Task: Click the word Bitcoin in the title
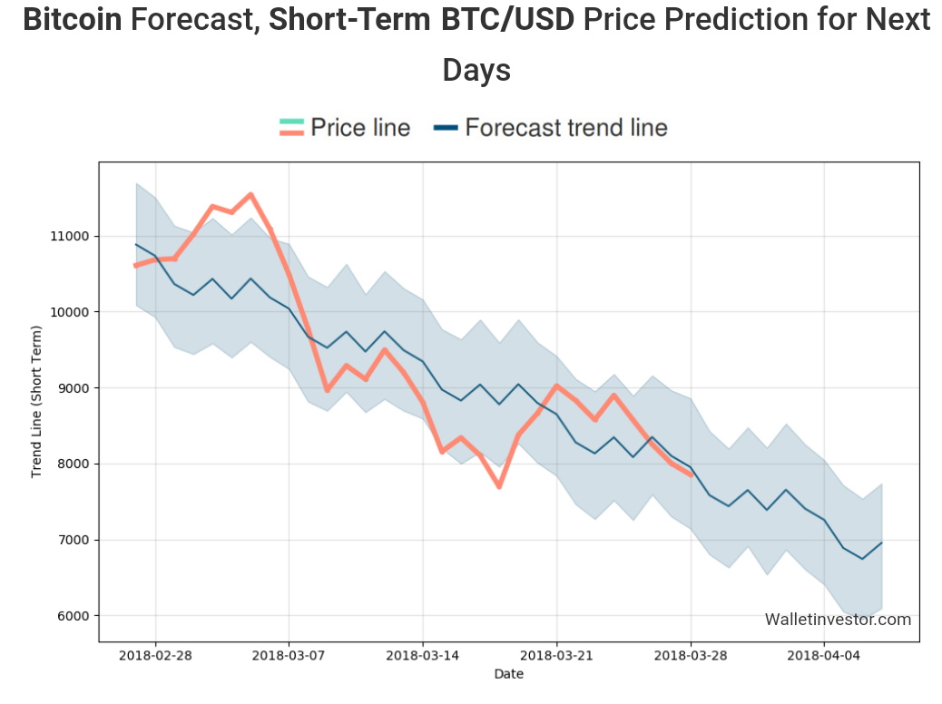tap(72, 19)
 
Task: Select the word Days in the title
tap(476, 70)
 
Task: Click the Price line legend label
tap(360, 128)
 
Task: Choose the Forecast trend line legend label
tap(566, 128)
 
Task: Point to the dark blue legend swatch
tap(445, 128)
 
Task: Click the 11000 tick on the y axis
tap(69, 236)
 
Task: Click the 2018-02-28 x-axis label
tap(155, 655)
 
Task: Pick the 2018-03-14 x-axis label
tap(422, 655)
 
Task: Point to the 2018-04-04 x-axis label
tap(824, 655)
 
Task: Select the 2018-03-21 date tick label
tap(556, 655)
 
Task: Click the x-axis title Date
tap(508, 674)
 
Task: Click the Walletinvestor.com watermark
tap(838, 620)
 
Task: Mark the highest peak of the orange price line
tap(250, 194)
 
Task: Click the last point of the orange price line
tap(692, 474)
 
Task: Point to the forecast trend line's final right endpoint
tap(881, 543)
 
